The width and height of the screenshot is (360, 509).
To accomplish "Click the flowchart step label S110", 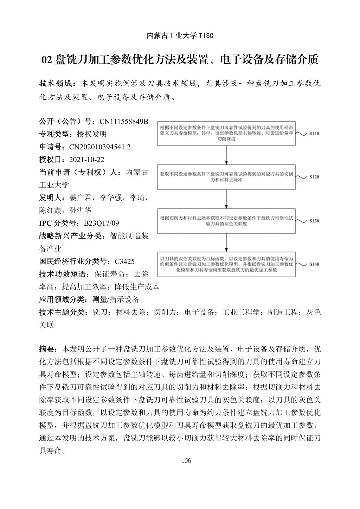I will click(314, 134).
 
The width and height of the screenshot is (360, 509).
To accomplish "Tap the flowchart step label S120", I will click(314, 177).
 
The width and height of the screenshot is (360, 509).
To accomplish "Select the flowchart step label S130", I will click(314, 221).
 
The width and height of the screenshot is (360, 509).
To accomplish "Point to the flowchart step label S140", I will click(314, 264).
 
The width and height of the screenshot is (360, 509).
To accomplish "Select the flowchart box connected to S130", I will click(226, 221).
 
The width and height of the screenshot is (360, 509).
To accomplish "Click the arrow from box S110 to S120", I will click(226, 155).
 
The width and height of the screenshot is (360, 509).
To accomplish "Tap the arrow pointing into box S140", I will click(226, 243).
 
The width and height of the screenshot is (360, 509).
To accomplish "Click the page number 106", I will click(186, 461).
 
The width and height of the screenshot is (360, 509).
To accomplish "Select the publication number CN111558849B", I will click(124, 122).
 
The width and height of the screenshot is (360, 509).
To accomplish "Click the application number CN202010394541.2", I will click(100, 147).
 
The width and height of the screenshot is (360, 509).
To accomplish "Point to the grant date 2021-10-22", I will click(87, 160).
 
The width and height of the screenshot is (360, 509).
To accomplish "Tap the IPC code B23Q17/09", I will click(101, 223).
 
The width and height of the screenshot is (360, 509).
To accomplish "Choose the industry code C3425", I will click(125, 262).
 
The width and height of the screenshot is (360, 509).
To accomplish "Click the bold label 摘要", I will click(48, 349).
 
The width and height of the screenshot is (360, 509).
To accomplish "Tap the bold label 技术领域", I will click(56, 84).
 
